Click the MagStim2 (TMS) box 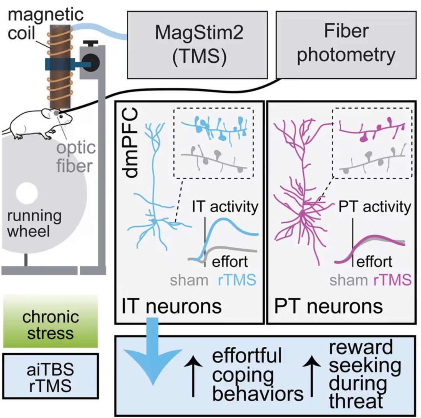[x=197, y=45]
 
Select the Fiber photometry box [x=346, y=45]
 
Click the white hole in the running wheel [x=27, y=193]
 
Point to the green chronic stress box [x=50, y=321]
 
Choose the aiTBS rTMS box [x=50, y=376]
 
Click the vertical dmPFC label [x=131, y=143]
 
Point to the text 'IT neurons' [x=172, y=306]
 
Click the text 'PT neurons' [x=328, y=306]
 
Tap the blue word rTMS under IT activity [x=237, y=280]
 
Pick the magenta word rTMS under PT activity [x=392, y=280]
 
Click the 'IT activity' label [x=225, y=207]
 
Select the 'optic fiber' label [x=76, y=157]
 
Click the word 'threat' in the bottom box [x=356, y=401]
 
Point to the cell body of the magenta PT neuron [x=303, y=214]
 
